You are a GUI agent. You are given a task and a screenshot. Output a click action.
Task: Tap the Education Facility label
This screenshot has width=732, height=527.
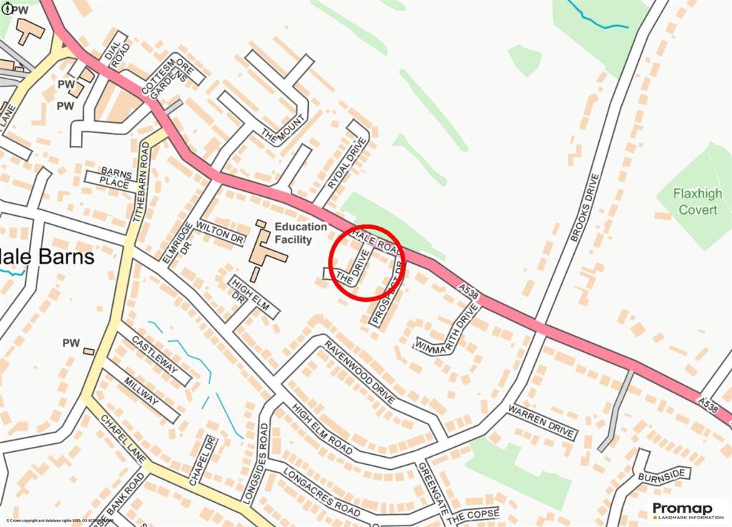(301, 233)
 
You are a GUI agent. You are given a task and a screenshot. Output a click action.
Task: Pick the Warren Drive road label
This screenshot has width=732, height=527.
(542, 422)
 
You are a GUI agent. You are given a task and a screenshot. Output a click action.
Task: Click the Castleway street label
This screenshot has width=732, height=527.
(154, 355)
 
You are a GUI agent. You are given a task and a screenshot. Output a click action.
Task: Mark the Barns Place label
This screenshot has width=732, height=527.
(115, 179)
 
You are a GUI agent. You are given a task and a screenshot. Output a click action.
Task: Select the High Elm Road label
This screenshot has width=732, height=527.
(322, 429)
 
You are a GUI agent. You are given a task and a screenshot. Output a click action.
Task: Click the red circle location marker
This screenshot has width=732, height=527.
(367, 261)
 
